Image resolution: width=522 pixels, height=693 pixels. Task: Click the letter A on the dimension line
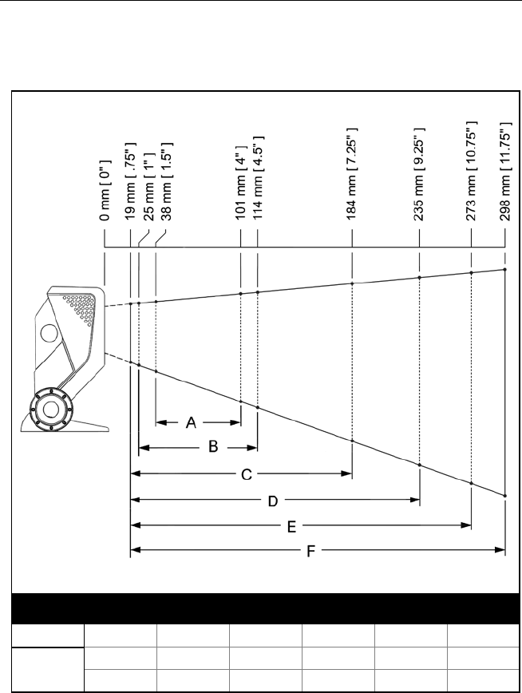coord(192,422)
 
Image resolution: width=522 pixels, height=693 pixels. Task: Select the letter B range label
coord(213,447)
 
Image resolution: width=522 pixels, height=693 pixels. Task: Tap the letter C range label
coord(247,473)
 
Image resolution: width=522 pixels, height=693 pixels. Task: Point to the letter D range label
coord(272,501)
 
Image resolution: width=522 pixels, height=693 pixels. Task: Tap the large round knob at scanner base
coord(53,408)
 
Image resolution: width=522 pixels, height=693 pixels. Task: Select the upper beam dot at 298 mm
coord(505,270)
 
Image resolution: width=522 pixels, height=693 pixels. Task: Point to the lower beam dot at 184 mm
coord(352,441)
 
